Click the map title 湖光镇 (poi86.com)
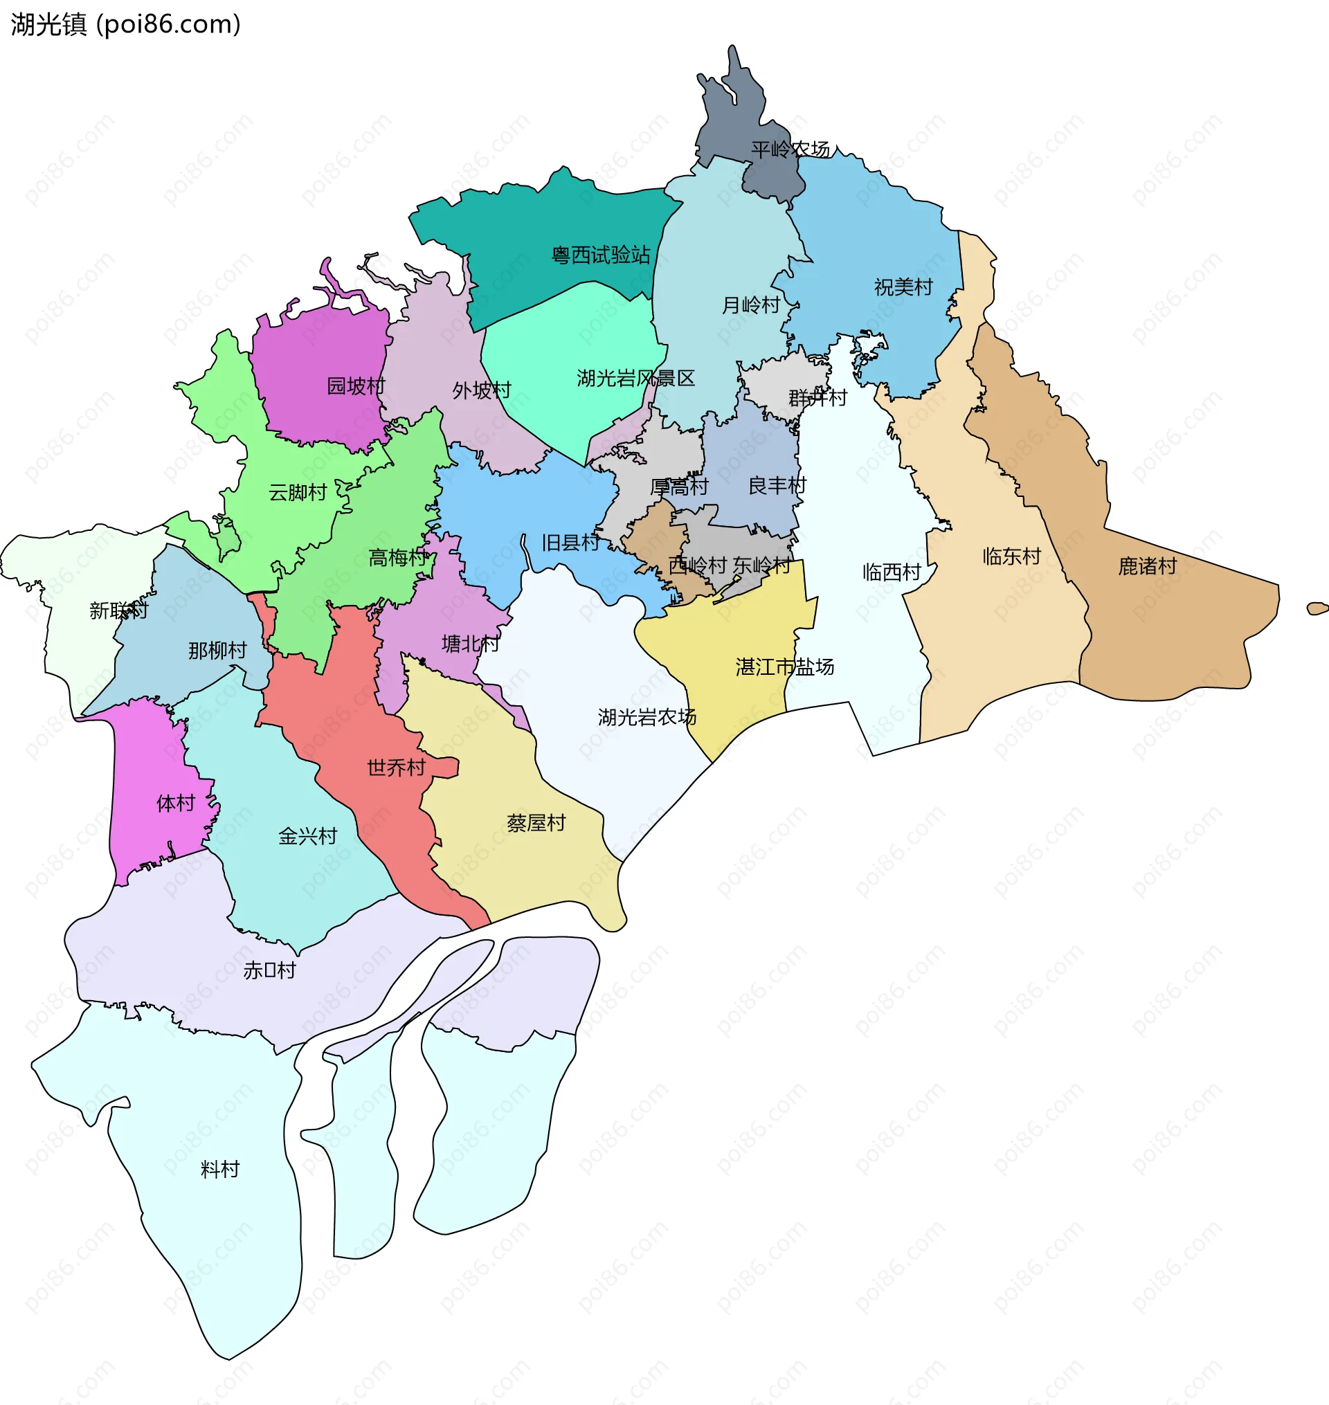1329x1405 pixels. [126, 25]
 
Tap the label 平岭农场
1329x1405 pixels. [790, 149]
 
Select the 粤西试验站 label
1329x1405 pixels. [601, 255]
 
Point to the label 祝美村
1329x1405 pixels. [903, 287]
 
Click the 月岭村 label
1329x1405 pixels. [750, 305]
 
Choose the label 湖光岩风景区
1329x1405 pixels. [635, 379]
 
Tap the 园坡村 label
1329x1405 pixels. [356, 386]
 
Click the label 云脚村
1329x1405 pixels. [298, 492]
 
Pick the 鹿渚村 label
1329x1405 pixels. [1147, 566]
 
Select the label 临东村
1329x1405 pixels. [1011, 556]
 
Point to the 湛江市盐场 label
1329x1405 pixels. [784, 667]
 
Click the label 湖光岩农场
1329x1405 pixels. [647, 717]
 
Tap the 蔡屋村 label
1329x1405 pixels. [536, 823]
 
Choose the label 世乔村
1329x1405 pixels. [396, 768]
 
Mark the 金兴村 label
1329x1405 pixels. [307, 836]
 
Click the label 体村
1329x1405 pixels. [176, 804]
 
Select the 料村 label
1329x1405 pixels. [220, 1169]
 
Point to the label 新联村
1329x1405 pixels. [118, 610]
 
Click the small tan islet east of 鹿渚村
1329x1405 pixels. [1317, 608]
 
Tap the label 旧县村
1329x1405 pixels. [570, 543]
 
